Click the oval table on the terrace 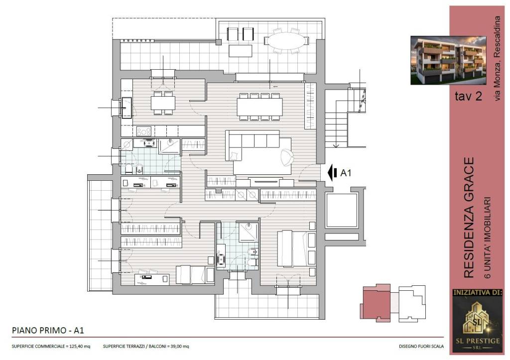click(x=286, y=41)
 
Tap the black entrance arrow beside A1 click(x=332, y=173)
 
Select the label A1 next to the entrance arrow click(x=346, y=173)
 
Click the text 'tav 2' click(x=468, y=96)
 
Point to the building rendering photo click(x=448, y=60)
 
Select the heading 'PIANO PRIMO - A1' click(x=48, y=331)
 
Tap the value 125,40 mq click(x=79, y=347)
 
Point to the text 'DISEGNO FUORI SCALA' click(x=421, y=347)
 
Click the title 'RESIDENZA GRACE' click(x=469, y=218)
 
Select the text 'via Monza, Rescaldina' click(x=497, y=58)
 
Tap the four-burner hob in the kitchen click(x=144, y=131)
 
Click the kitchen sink click(x=127, y=108)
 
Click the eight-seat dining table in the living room click(x=259, y=107)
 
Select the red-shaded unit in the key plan click(x=377, y=303)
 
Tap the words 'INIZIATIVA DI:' click(x=478, y=292)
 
